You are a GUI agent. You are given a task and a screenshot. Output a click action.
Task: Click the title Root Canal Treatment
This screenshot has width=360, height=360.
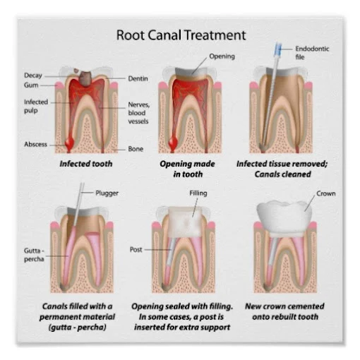pyautogui.click(x=181, y=35)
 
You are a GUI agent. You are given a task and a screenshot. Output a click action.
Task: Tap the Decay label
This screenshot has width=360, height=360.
pyautogui.click(x=33, y=76)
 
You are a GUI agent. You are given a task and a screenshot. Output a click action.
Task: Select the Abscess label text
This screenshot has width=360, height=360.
pyautogui.click(x=35, y=144)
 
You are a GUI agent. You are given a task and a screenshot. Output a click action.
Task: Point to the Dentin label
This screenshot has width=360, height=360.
pyautogui.click(x=138, y=78)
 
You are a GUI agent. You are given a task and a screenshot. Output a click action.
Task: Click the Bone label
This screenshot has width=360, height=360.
pyautogui.click(x=136, y=149)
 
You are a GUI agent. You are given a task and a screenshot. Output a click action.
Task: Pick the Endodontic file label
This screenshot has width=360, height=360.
pyautogui.click(x=312, y=53)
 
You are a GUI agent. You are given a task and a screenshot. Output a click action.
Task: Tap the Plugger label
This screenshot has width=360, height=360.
pyautogui.click(x=107, y=193)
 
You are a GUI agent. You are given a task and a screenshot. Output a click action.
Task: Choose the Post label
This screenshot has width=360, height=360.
pyautogui.click(x=136, y=249)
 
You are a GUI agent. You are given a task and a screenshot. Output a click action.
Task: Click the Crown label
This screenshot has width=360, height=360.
pyautogui.click(x=325, y=193)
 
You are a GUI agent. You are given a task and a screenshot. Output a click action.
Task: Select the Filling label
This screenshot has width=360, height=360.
pyautogui.click(x=198, y=193)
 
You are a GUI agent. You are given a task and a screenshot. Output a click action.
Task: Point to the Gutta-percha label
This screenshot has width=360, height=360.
pyautogui.click(x=34, y=255)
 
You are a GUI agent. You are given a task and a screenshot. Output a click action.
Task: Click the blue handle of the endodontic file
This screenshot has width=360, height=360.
pyautogui.click(x=278, y=49)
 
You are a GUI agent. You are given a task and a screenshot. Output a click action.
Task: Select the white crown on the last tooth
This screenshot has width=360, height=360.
pyautogui.click(x=284, y=218)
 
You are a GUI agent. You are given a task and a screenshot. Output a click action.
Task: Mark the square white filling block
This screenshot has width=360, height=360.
pyautogui.click(x=185, y=222)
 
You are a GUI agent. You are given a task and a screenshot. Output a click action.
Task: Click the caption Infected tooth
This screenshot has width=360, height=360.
pyautogui.click(x=86, y=164)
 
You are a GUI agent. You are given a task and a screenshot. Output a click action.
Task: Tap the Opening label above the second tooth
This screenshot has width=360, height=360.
pyautogui.click(x=222, y=56)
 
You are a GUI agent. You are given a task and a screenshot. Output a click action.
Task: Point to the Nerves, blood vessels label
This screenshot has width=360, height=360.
pyautogui.click(x=138, y=113)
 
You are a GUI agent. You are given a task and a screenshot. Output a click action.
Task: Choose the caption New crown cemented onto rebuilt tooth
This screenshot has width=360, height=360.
pyautogui.click(x=284, y=311)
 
